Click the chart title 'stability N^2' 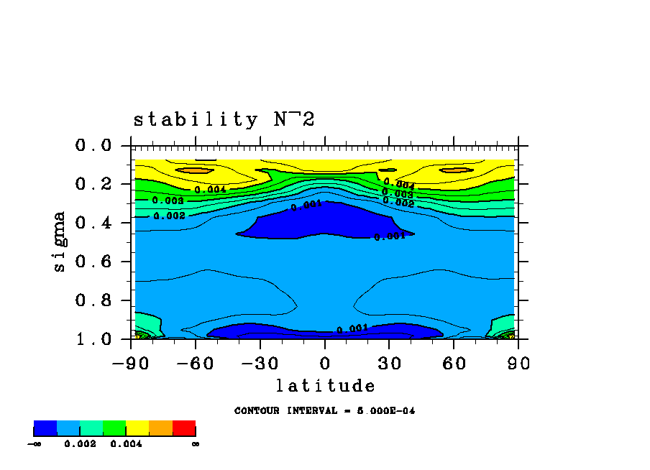coord(224,119)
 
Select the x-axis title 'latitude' coord(325,386)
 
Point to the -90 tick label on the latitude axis coord(132,363)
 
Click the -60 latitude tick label coord(196,363)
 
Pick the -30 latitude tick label coord(260,363)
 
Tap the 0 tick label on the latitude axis coord(325,363)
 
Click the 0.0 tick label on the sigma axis coord(93,146)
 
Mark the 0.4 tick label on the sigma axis coord(93,223)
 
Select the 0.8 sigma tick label coord(93,300)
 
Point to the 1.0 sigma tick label coord(93,338)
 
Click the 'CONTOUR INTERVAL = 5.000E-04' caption coord(324,411)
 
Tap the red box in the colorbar coord(184,429)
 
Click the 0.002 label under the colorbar coord(80,444)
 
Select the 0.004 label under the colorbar coord(126,444)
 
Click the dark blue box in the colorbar coord(45,429)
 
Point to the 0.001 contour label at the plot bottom coord(352,329)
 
